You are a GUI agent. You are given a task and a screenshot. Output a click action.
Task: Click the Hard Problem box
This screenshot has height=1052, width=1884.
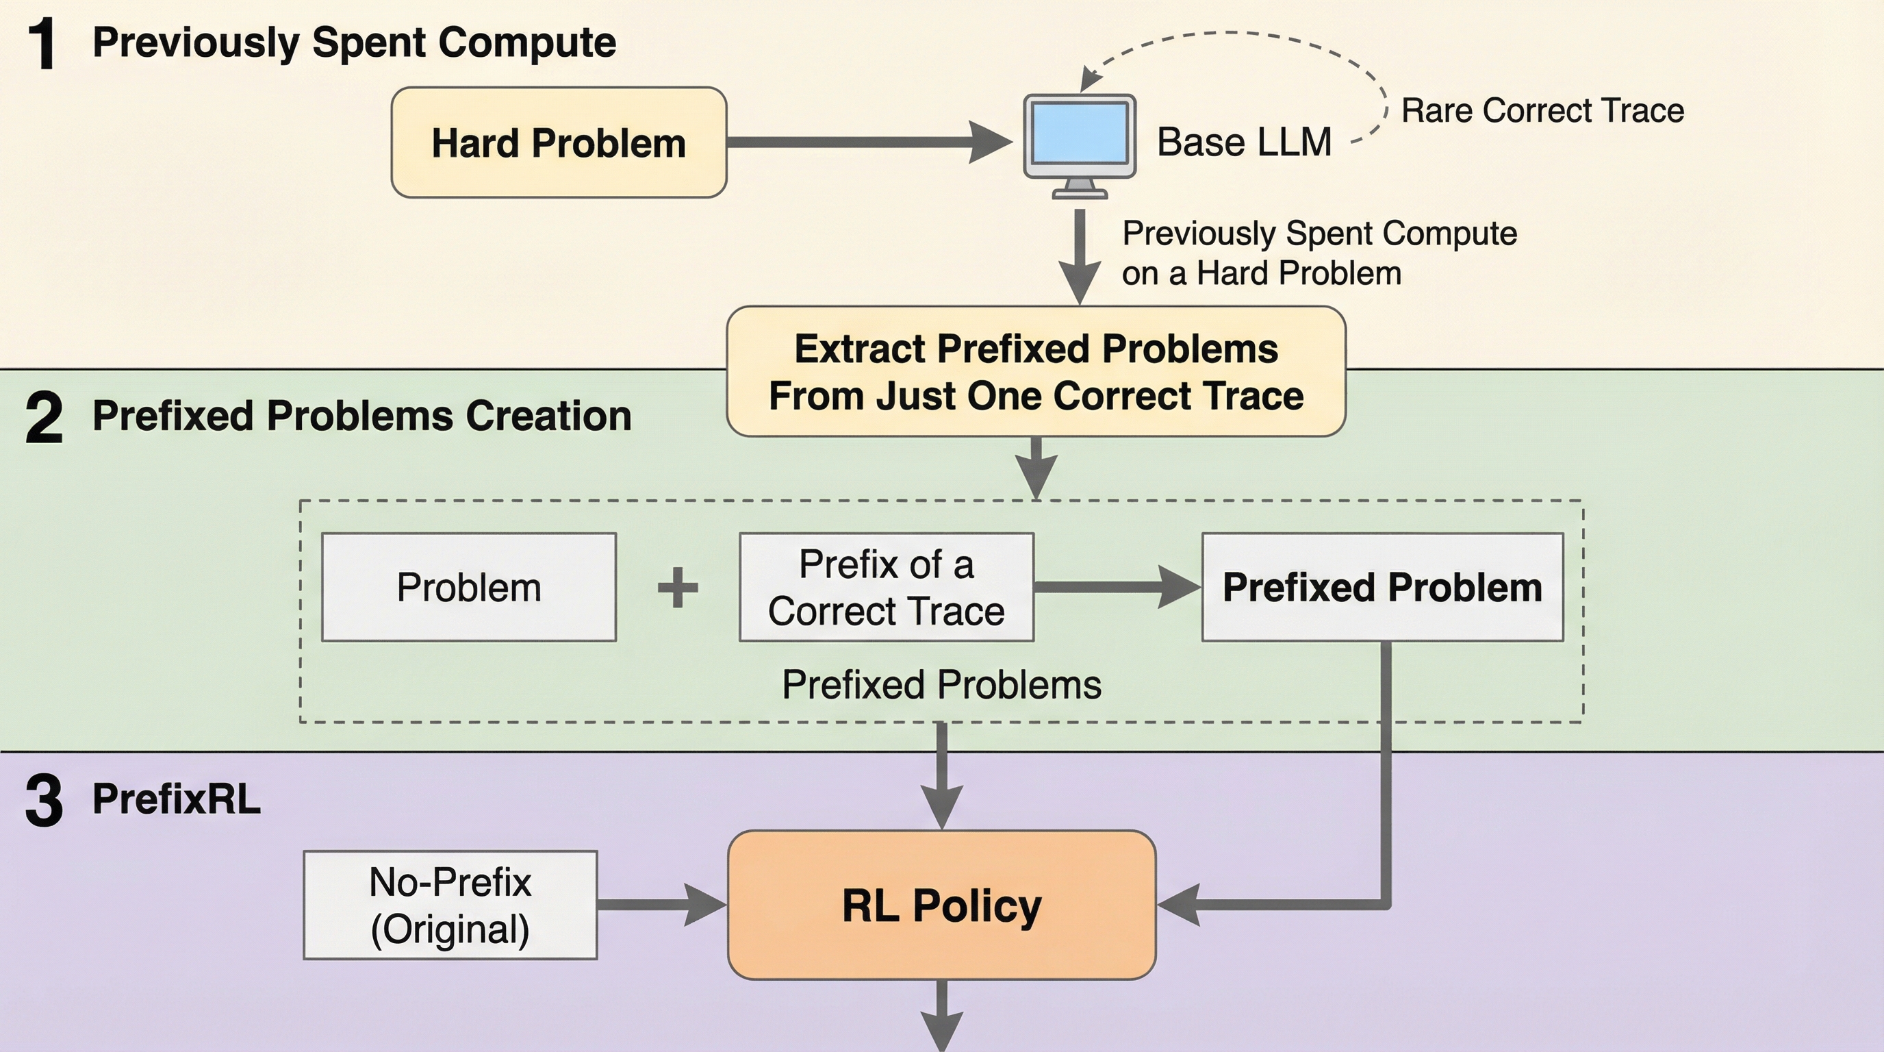click(559, 142)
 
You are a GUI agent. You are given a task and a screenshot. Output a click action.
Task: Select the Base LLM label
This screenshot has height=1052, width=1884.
click(1244, 142)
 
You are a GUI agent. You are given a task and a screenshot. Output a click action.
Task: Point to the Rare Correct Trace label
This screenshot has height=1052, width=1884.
click(1542, 111)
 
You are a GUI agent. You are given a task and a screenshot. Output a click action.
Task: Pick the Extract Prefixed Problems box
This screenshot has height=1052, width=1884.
click(1036, 372)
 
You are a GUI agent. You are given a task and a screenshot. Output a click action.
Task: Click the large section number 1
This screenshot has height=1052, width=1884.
click(42, 45)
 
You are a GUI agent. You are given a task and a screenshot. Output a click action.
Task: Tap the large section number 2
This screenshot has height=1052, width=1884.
click(44, 418)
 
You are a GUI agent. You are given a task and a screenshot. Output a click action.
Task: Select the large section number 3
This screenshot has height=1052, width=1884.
click(44, 801)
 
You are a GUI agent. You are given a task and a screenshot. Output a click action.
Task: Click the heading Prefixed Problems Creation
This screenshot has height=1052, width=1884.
click(361, 416)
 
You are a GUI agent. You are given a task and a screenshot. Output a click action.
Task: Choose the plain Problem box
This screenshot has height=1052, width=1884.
click(469, 588)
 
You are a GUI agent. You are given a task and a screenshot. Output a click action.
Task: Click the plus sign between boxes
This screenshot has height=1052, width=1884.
click(678, 588)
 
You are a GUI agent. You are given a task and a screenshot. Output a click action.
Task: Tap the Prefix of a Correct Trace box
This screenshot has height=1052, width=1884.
click(887, 588)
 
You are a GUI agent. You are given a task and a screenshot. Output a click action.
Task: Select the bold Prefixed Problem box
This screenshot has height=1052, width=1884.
click(1382, 588)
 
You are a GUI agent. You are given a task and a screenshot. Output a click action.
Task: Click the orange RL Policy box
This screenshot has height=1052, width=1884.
click(942, 905)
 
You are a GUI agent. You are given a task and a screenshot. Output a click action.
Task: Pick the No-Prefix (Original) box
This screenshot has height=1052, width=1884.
click(450, 905)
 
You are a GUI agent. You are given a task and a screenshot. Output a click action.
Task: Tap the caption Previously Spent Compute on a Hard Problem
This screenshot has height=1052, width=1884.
click(1319, 253)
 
